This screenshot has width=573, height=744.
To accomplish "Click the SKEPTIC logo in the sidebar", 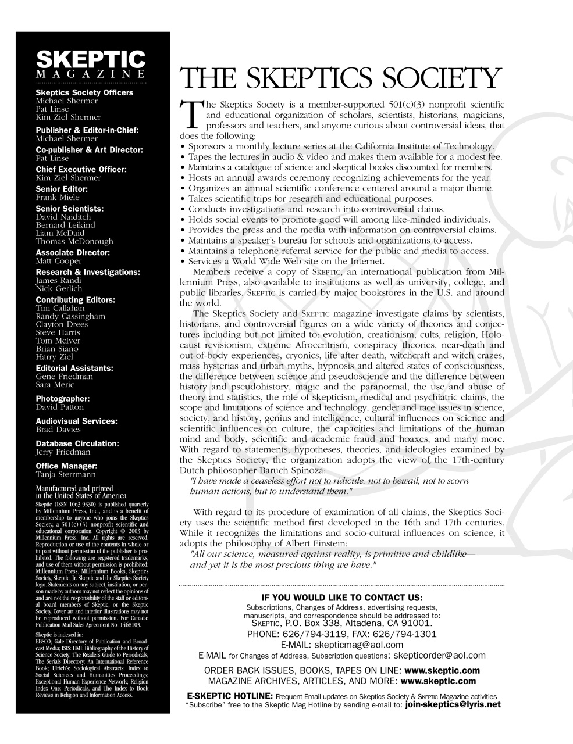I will point(91,59).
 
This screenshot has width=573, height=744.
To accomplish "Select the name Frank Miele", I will point(58,197).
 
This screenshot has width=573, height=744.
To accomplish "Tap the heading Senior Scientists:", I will point(69,208).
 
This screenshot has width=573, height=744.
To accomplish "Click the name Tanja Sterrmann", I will point(66,474).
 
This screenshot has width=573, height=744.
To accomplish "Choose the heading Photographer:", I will point(62,399).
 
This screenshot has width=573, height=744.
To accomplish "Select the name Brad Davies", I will point(58,430).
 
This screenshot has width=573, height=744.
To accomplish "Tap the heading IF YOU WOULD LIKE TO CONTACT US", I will point(341,598).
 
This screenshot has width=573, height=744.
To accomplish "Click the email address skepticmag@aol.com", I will point(358,645).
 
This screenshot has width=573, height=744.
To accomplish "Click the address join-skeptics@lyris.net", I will point(452,704).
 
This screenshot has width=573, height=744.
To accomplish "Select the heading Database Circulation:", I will point(77,443).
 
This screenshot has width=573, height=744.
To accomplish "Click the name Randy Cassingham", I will point(70,316).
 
